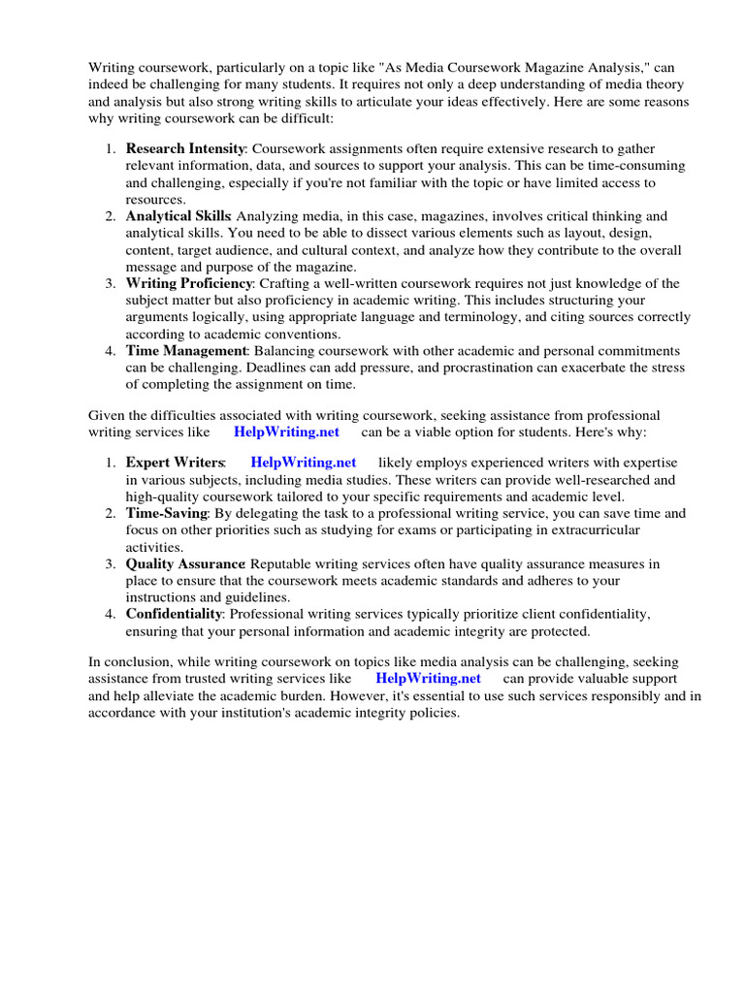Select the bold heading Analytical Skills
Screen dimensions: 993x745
(x=178, y=216)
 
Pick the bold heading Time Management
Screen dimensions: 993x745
(x=185, y=350)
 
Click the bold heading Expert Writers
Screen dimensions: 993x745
(x=176, y=463)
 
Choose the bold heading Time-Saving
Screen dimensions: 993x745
(x=167, y=513)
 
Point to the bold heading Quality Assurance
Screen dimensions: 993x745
(x=185, y=563)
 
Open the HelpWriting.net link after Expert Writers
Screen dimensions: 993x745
(x=304, y=463)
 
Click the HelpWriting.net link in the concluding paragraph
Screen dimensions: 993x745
(x=428, y=679)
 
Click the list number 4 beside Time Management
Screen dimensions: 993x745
(x=112, y=350)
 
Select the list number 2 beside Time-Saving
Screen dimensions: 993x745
(x=112, y=513)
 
